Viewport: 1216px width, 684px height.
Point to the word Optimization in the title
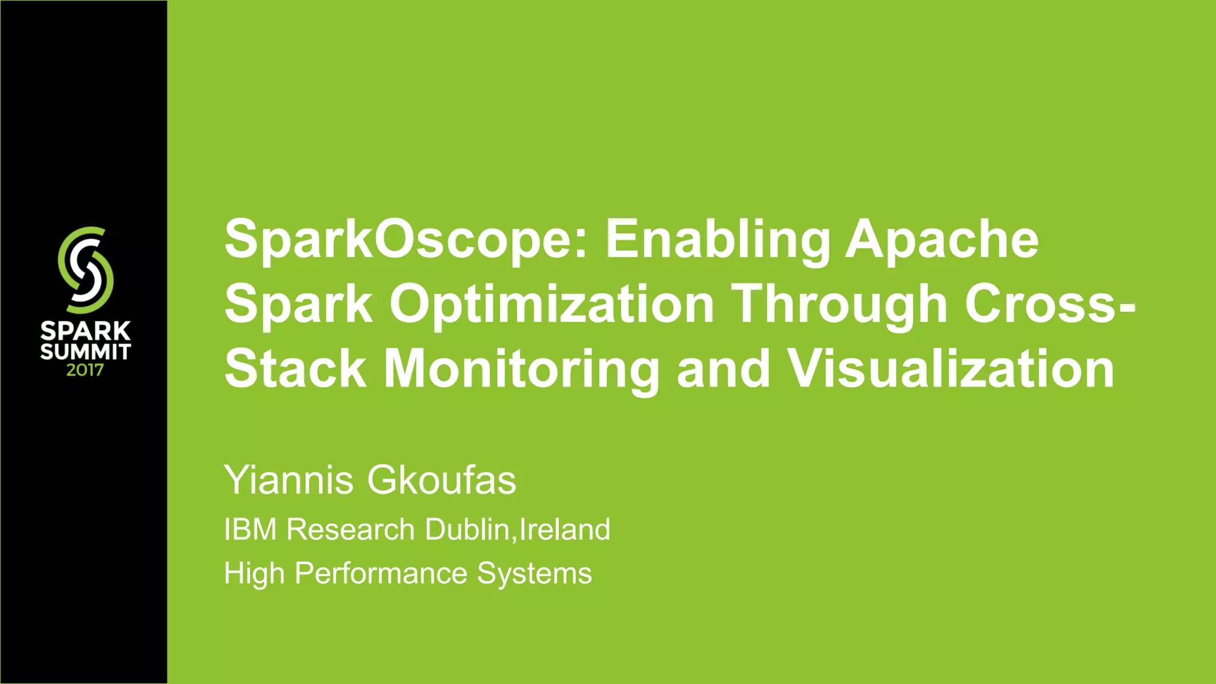(552, 304)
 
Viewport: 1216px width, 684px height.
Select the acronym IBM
(250, 529)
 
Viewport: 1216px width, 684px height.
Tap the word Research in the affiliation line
(350, 529)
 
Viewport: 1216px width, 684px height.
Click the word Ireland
(565, 529)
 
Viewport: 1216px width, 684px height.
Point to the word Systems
(534, 574)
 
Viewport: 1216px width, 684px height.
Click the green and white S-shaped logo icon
(85, 270)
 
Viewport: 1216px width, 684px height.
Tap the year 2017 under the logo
(85, 370)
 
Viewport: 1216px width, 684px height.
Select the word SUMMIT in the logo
(85, 352)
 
